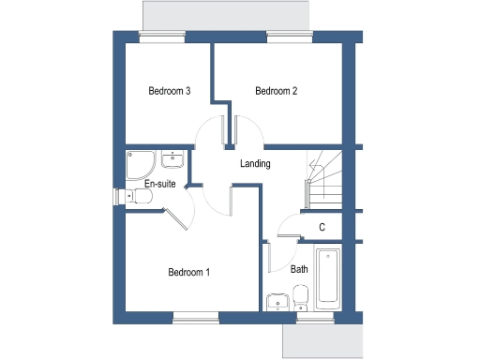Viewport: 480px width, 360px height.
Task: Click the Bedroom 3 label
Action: [x=170, y=91]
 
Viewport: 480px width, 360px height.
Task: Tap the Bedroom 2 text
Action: [x=277, y=91]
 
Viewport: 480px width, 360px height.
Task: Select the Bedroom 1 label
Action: [x=188, y=273]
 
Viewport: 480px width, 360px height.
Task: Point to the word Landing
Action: [x=255, y=164]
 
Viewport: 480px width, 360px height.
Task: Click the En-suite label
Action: [x=159, y=184]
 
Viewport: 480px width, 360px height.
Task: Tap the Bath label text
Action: [x=299, y=269]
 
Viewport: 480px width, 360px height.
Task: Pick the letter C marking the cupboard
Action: [x=322, y=227]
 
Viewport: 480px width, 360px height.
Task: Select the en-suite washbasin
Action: [x=172, y=158]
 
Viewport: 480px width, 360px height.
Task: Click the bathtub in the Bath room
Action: [x=328, y=278]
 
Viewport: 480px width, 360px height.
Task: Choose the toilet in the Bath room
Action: [x=300, y=299]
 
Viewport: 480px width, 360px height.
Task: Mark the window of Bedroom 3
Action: [x=161, y=37]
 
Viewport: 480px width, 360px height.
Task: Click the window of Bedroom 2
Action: [x=281, y=37]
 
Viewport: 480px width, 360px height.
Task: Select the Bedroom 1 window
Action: [x=192, y=315]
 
